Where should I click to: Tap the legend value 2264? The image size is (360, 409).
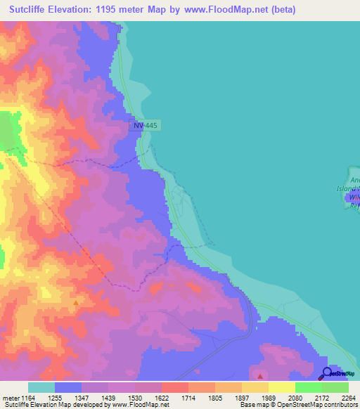[349, 398]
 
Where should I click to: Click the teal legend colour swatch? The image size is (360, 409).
[41, 387]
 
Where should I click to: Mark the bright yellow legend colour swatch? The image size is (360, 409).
[281, 387]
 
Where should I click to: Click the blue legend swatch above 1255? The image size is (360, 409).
[68, 387]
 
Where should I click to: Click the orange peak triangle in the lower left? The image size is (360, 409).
[75, 303]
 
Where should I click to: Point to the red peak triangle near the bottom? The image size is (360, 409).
[260, 377]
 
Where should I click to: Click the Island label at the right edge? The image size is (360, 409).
[347, 188]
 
